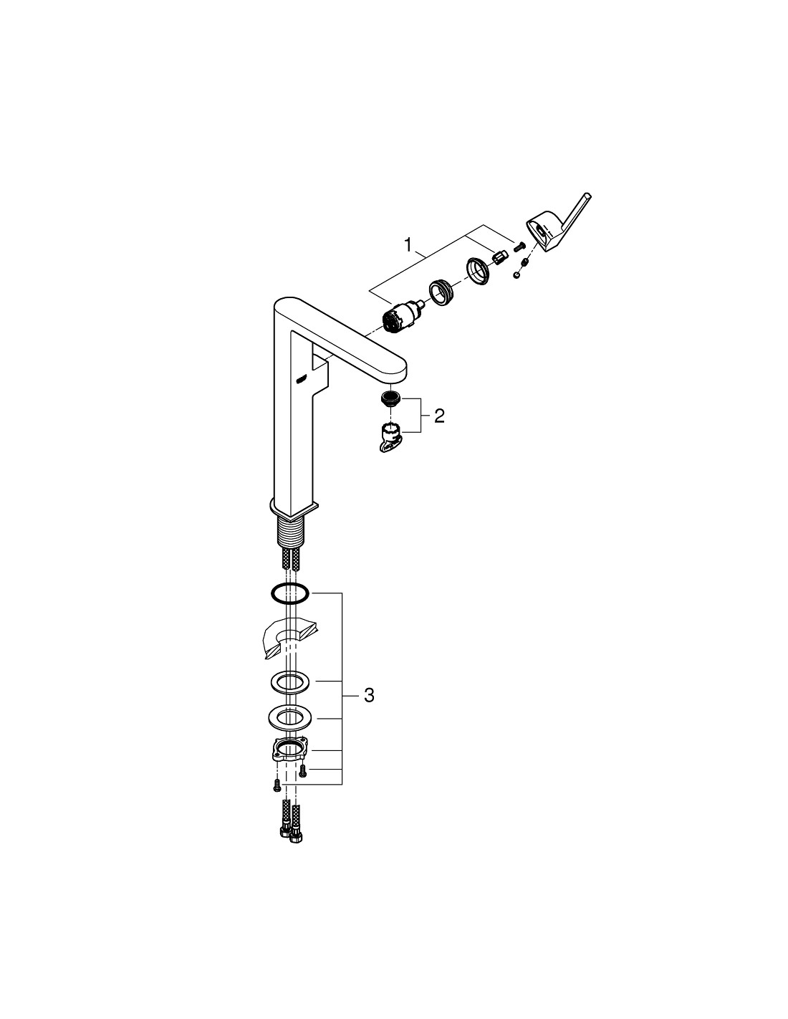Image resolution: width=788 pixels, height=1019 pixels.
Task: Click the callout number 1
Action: point(408,245)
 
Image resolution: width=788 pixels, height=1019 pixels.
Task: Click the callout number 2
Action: point(439,416)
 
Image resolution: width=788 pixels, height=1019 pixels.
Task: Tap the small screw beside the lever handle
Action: point(518,246)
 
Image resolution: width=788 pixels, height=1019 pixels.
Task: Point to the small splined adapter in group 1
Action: point(500,257)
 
